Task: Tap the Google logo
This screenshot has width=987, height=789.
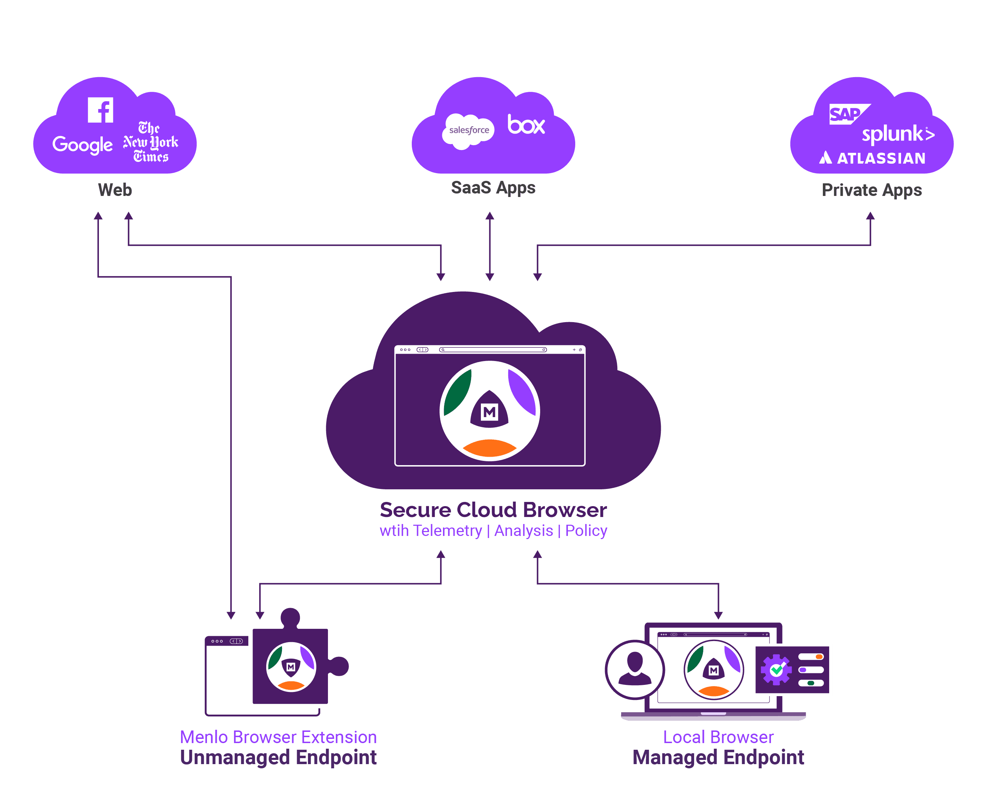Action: tap(82, 144)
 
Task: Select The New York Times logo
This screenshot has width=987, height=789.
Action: tap(150, 142)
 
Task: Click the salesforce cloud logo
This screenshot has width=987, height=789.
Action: tap(468, 130)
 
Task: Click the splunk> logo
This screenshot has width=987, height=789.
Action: tap(898, 134)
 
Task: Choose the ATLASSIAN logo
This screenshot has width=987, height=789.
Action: tap(873, 158)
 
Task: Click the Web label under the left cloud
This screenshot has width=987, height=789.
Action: tap(115, 190)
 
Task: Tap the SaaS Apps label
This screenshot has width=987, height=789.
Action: tap(493, 188)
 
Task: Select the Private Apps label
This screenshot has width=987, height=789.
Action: tap(872, 190)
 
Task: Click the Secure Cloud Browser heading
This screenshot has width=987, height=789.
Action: tap(493, 510)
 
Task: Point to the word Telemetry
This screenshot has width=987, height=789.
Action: tap(447, 531)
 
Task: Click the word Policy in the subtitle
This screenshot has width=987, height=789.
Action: tap(586, 531)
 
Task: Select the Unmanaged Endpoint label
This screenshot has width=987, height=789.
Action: tap(278, 757)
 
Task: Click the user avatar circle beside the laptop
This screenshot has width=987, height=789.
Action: tap(634, 669)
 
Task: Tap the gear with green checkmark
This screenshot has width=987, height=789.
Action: tap(775, 670)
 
